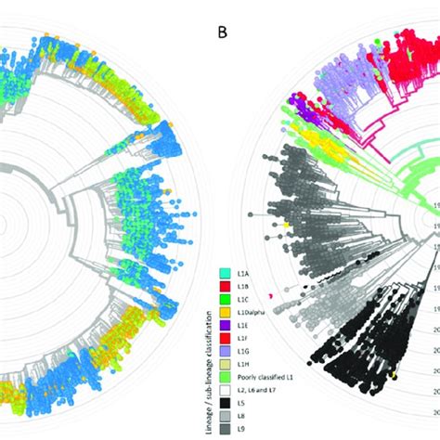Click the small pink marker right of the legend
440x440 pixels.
[269, 297]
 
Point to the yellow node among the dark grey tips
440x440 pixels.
[289, 226]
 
